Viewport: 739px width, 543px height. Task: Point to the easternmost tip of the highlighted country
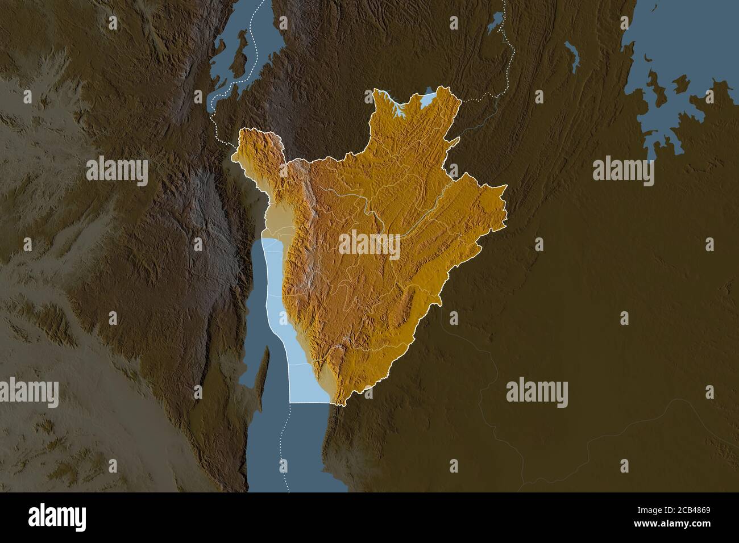(x=505, y=187)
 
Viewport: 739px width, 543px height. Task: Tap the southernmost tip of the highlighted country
(x=340, y=405)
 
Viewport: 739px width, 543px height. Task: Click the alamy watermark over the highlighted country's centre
(x=369, y=243)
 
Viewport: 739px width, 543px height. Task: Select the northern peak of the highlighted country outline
(x=377, y=91)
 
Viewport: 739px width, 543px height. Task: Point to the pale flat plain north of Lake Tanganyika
(x=277, y=224)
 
